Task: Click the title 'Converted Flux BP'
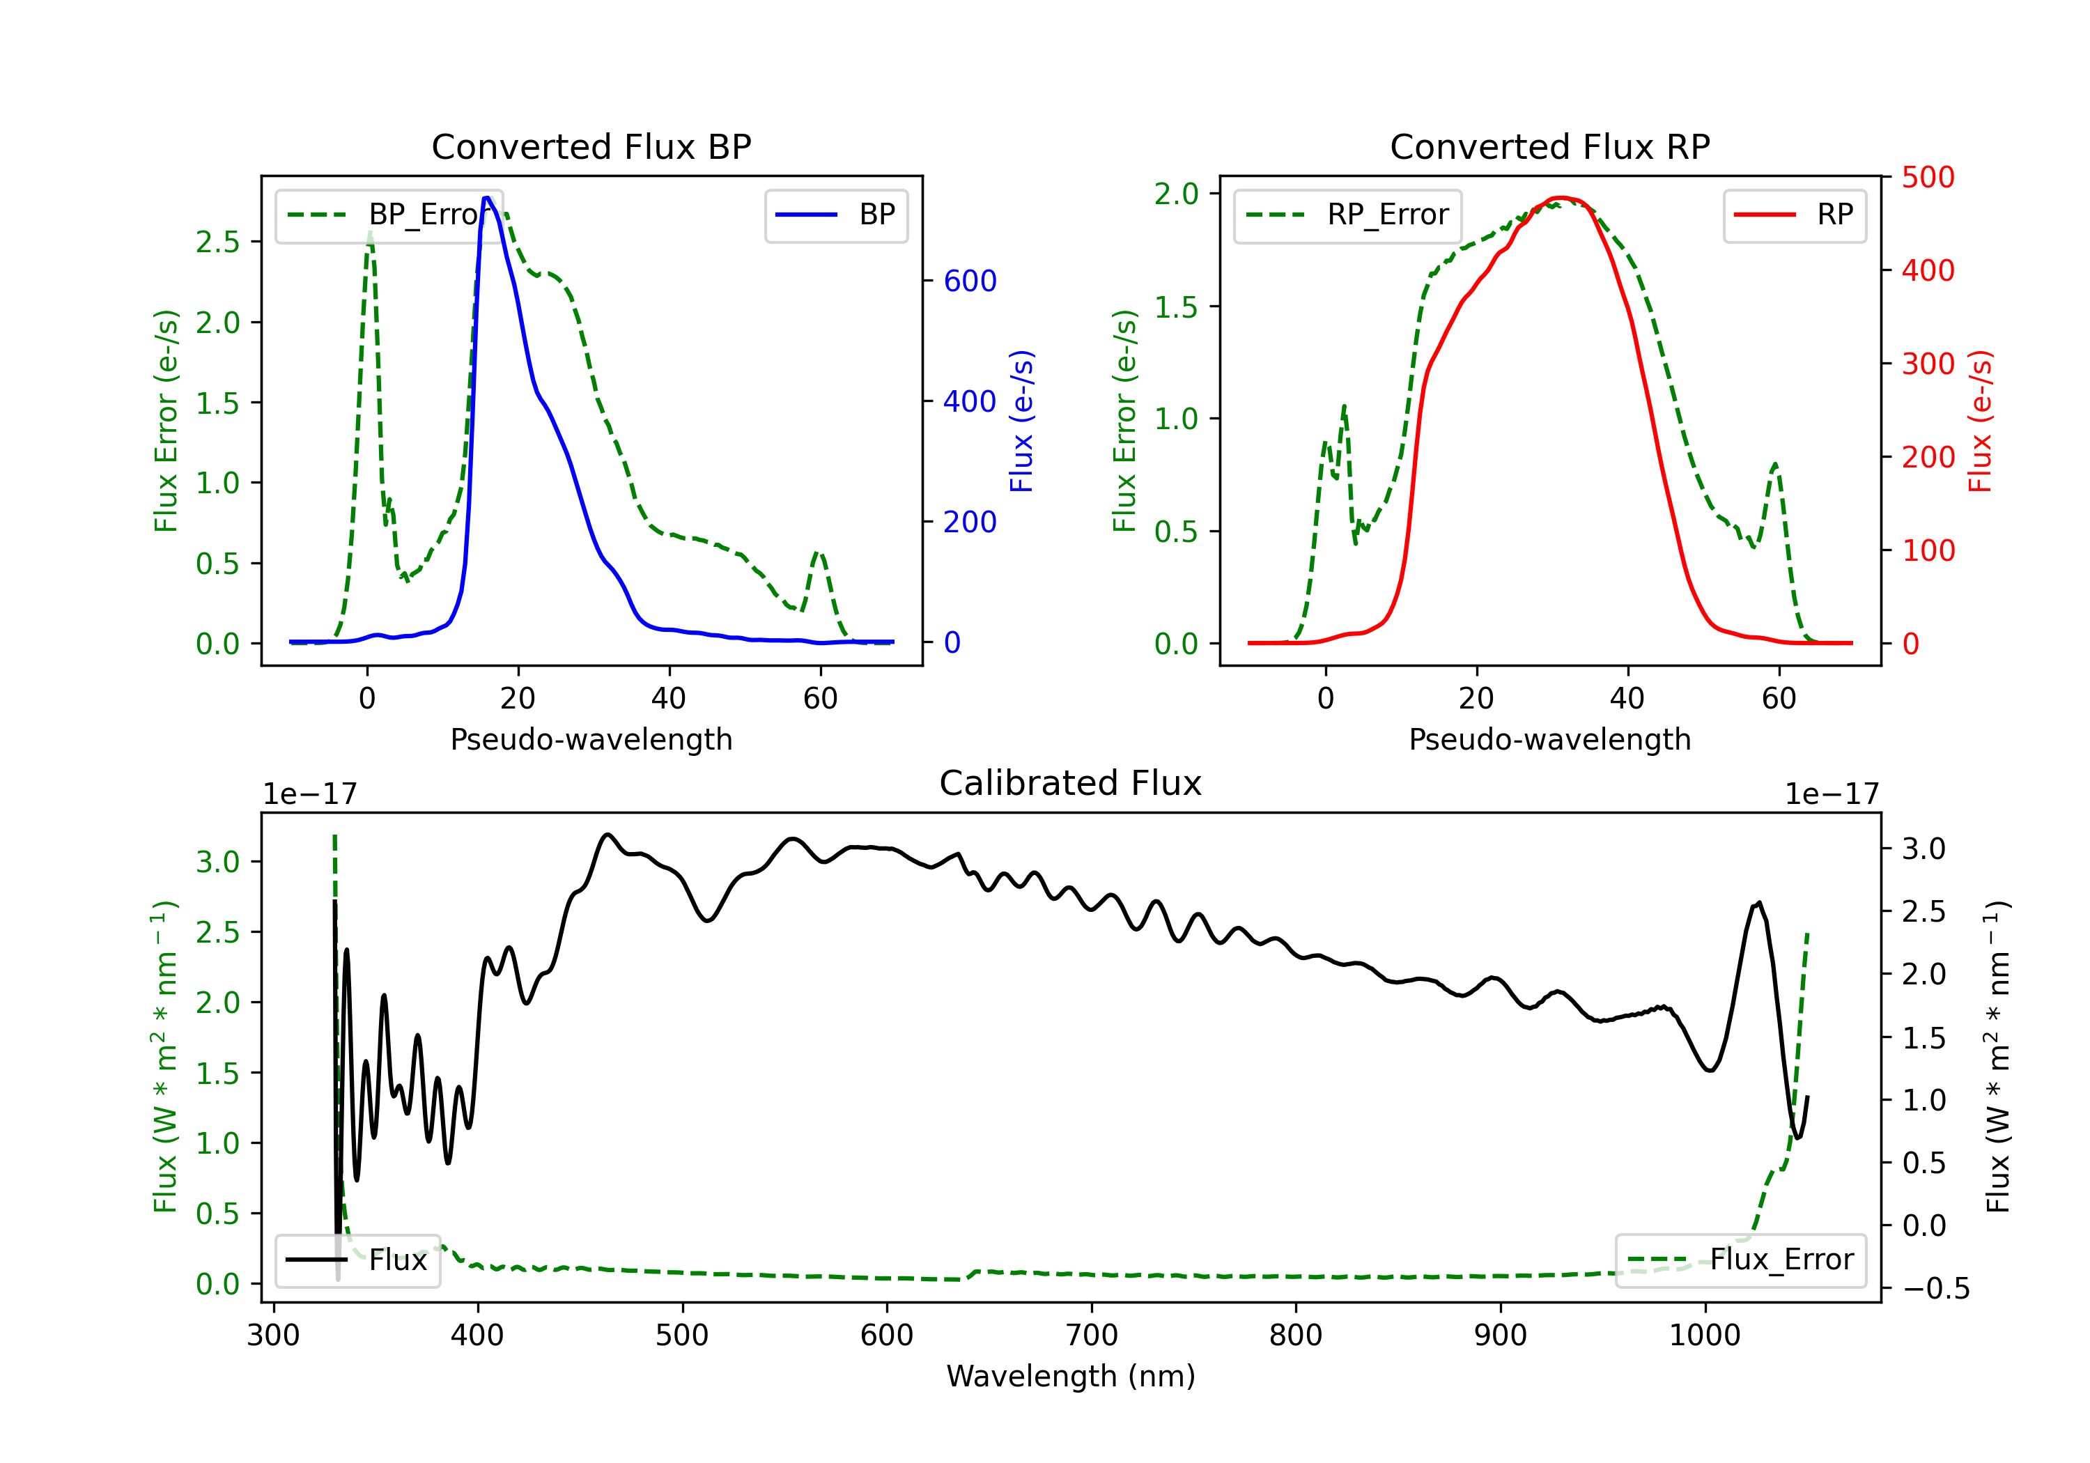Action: tap(591, 146)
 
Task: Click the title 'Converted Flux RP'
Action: tap(1549, 146)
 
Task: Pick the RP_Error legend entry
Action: tap(1347, 215)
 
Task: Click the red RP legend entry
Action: tap(1794, 215)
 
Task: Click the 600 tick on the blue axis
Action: tap(970, 281)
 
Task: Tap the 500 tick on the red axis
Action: tap(1928, 178)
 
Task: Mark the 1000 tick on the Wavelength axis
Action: tap(1704, 1335)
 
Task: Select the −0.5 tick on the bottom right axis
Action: tap(1935, 1288)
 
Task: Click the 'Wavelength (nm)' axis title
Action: tap(1071, 1376)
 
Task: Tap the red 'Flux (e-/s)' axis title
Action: tap(1980, 421)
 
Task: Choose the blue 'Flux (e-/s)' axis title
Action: tap(1021, 421)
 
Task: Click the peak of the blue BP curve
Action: tap(487, 198)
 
